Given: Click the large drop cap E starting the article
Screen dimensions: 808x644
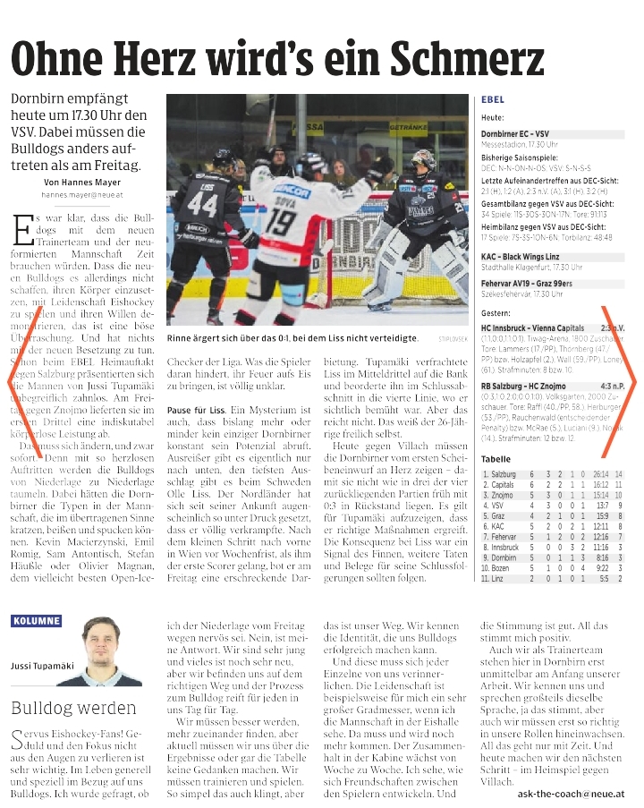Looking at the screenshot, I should point(24,229).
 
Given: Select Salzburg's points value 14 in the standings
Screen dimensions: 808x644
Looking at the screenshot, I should point(618,473).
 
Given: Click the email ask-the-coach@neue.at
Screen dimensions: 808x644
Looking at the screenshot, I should point(571,793).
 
